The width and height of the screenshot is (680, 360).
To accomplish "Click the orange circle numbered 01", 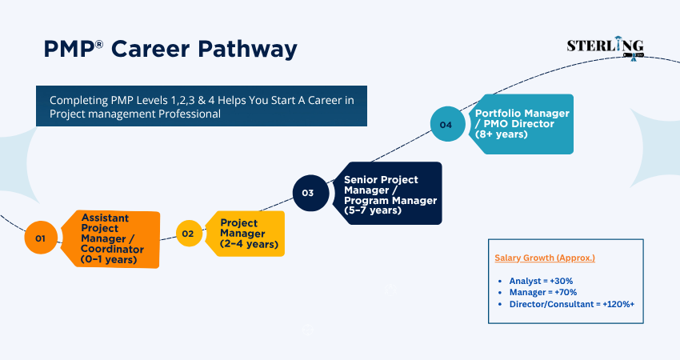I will pyautogui.click(x=40, y=238).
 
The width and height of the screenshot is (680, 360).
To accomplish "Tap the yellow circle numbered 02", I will pyautogui.click(x=188, y=234).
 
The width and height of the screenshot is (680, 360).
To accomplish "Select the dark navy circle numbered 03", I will pyautogui.click(x=308, y=193).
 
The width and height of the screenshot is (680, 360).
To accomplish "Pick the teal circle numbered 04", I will pyautogui.click(x=446, y=125).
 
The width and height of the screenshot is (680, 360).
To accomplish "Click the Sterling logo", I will pyautogui.click(x=605, y=47).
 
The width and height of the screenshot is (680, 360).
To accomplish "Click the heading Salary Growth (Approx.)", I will pyautogui.click(x=545, y=258).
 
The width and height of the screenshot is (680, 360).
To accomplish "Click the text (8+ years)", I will pyautogui.click(x=502, y=134).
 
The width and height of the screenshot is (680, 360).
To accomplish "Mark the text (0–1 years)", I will pyautogui.click(x=113, y=258).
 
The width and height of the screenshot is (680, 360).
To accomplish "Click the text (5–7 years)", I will pyautogui.click(x=373, y=210).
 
